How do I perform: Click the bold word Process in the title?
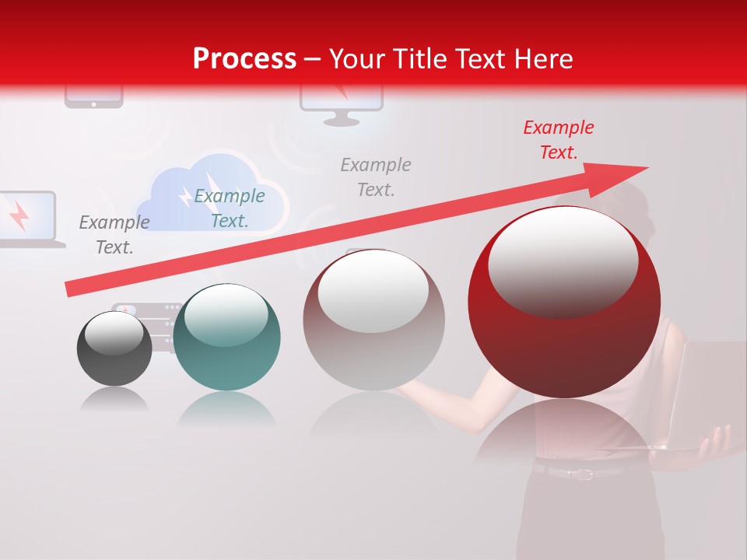(x=244, y=59)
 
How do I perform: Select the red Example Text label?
(x=558, y=140)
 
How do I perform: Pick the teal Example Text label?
(x=230, y=208)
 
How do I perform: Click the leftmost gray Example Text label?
(x=114, y=235)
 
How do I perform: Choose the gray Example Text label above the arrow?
(x=376, y=177)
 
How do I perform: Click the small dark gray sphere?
(x=114, y=349)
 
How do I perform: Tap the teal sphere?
(x=226, y=338)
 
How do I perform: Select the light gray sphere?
(x=373, y=320)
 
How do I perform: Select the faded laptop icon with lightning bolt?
(x=26, y=218)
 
